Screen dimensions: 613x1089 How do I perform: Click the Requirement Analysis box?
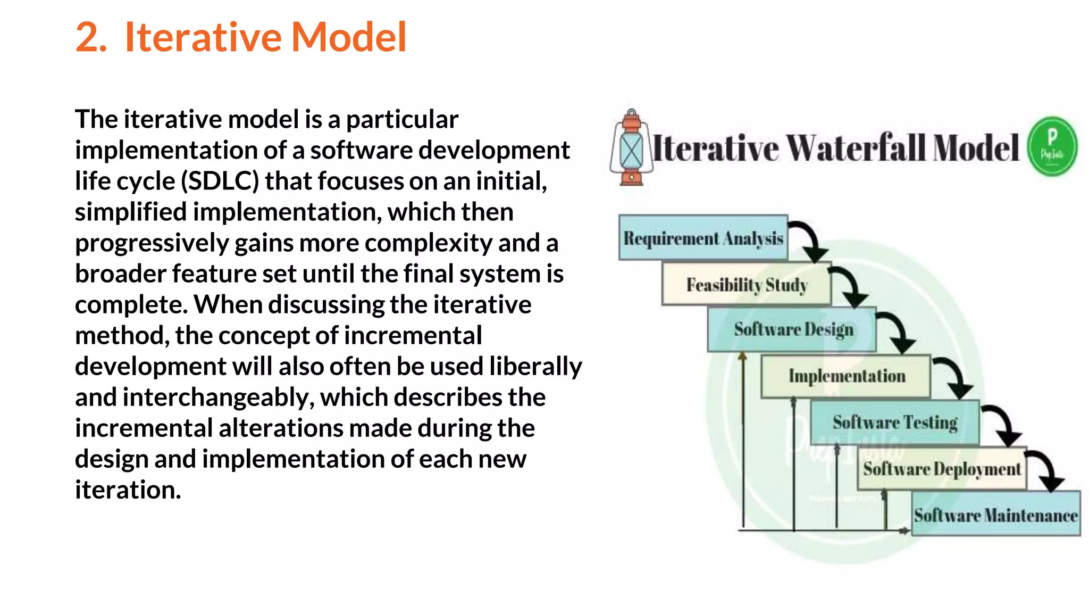[x=703, y=238]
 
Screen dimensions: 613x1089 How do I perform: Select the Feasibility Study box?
[x=746, y=285]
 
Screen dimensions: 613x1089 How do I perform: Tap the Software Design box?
[x=792, y=329]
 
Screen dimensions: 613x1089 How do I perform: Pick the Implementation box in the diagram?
[x=846, y=376]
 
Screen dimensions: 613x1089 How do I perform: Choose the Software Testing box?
[x=894, y=423]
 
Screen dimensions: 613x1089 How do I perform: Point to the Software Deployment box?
[x=942, y=469]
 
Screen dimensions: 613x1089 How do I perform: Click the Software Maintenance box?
[x=996, y=515]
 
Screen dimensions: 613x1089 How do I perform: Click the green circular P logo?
[x=1052, y=146]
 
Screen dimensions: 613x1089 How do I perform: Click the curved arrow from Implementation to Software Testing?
[x=957, y=376]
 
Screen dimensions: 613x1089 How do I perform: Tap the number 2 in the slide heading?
[x=90, y=37]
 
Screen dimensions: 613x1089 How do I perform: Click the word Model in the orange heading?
[x=349, y=37]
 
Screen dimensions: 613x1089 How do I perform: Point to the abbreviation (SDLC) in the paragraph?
[x=220, y=181]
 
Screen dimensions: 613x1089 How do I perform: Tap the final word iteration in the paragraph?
[x=128, y=490]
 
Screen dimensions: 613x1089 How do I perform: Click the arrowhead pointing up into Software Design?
[x=743, y=357]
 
